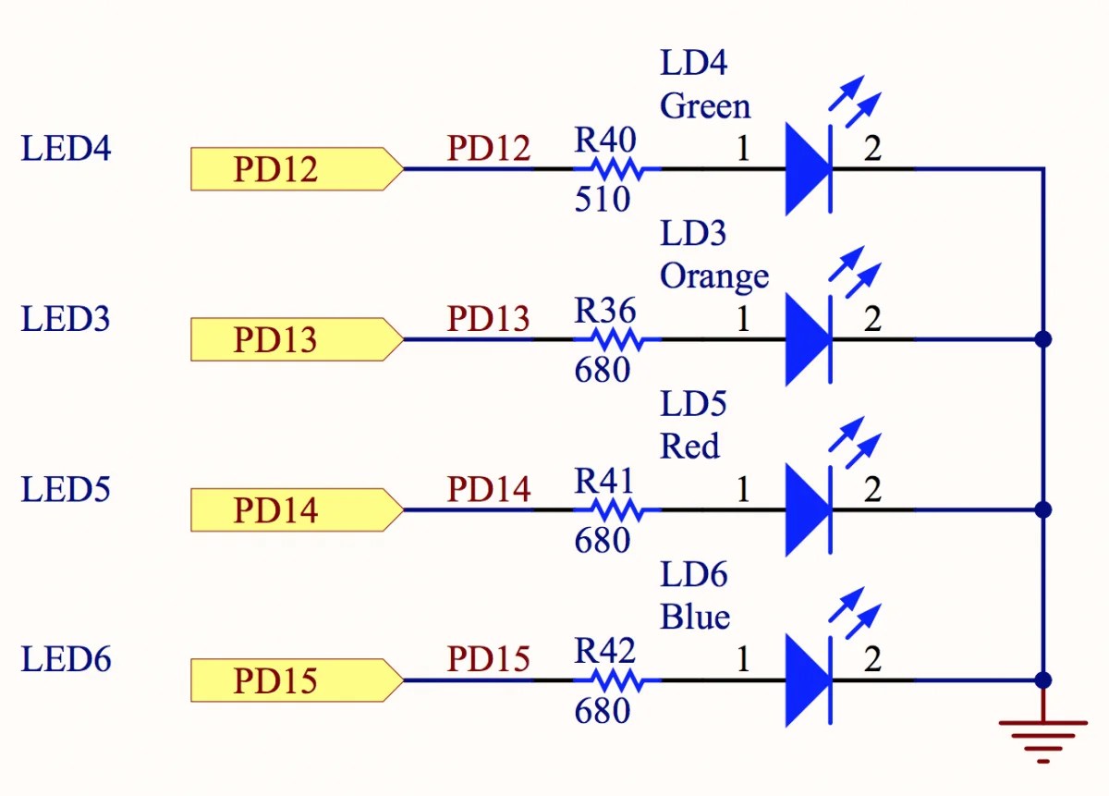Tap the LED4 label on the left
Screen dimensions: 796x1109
[66, 149]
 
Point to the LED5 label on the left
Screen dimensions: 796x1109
[66, 490]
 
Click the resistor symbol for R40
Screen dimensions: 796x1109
[616, 169]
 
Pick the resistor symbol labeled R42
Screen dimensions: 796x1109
[616, 680]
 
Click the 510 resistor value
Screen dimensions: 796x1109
[602, 200]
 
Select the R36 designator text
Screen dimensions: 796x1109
[605, 312]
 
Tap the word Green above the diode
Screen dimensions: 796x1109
[705, 106]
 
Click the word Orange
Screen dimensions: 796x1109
[714, 276]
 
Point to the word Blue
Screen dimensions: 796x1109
[695, 618]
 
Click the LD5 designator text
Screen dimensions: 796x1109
[693, 404]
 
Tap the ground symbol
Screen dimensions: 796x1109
[1043, 738]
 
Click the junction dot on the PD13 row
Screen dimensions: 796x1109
[1043, 339]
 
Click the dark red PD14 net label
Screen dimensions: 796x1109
[489, 489]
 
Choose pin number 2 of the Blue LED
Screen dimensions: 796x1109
[871, 660]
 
